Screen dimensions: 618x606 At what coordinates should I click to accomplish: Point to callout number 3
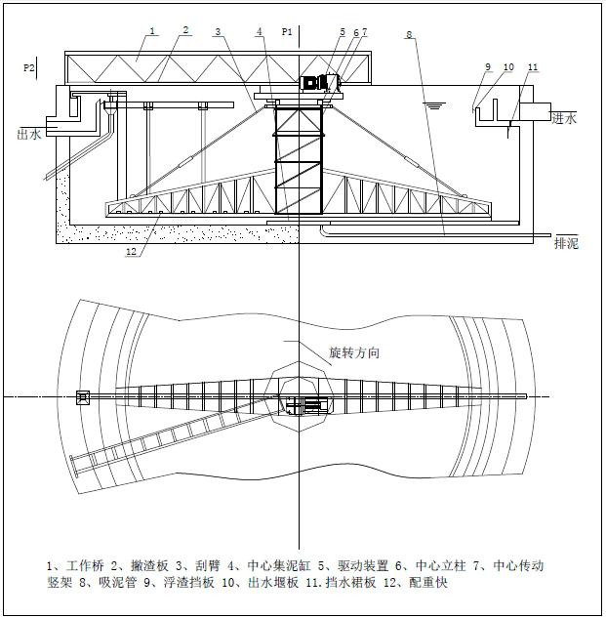219,32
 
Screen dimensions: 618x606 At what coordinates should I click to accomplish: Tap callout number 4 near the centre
260,32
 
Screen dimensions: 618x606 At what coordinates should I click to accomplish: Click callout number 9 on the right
488,66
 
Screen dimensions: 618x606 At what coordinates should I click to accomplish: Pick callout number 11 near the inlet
533,66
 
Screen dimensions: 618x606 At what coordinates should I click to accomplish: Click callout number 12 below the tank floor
129,253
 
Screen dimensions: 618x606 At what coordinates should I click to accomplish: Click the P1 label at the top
287,32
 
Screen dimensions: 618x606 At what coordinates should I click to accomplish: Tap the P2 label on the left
30,68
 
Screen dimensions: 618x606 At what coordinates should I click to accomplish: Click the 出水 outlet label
29,135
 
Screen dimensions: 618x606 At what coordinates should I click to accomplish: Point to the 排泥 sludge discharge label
566,243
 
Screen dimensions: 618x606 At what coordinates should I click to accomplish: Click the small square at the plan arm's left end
83,396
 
